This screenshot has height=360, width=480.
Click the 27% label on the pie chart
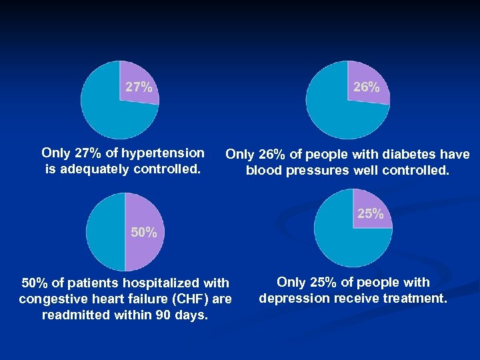[x=139, y=87]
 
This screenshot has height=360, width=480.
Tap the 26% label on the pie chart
[x=367, y=87]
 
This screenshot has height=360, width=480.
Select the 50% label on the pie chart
[x=144, y=233]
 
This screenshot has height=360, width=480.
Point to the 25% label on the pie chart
[x=370, y=214]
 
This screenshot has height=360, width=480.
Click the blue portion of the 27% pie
[x=107, y=110]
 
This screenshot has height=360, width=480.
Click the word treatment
[x=415, y=298]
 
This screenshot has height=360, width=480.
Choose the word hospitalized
[x=167, y=283]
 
